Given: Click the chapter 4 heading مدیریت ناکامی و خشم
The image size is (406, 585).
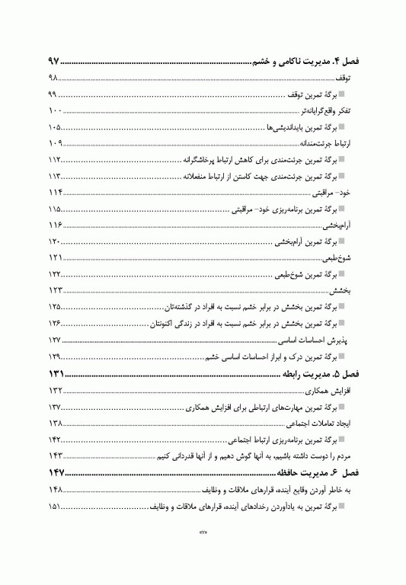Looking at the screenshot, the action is click(309, 61).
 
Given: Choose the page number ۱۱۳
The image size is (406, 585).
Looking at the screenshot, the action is click(54, 176).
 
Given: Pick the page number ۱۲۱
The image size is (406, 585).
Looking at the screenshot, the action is click(54, 258).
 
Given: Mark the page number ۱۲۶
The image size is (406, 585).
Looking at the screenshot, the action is click(54, 324).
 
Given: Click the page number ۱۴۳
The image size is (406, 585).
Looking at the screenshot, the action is click(54, 456).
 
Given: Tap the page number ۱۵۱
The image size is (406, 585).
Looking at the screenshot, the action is click(54, 507).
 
